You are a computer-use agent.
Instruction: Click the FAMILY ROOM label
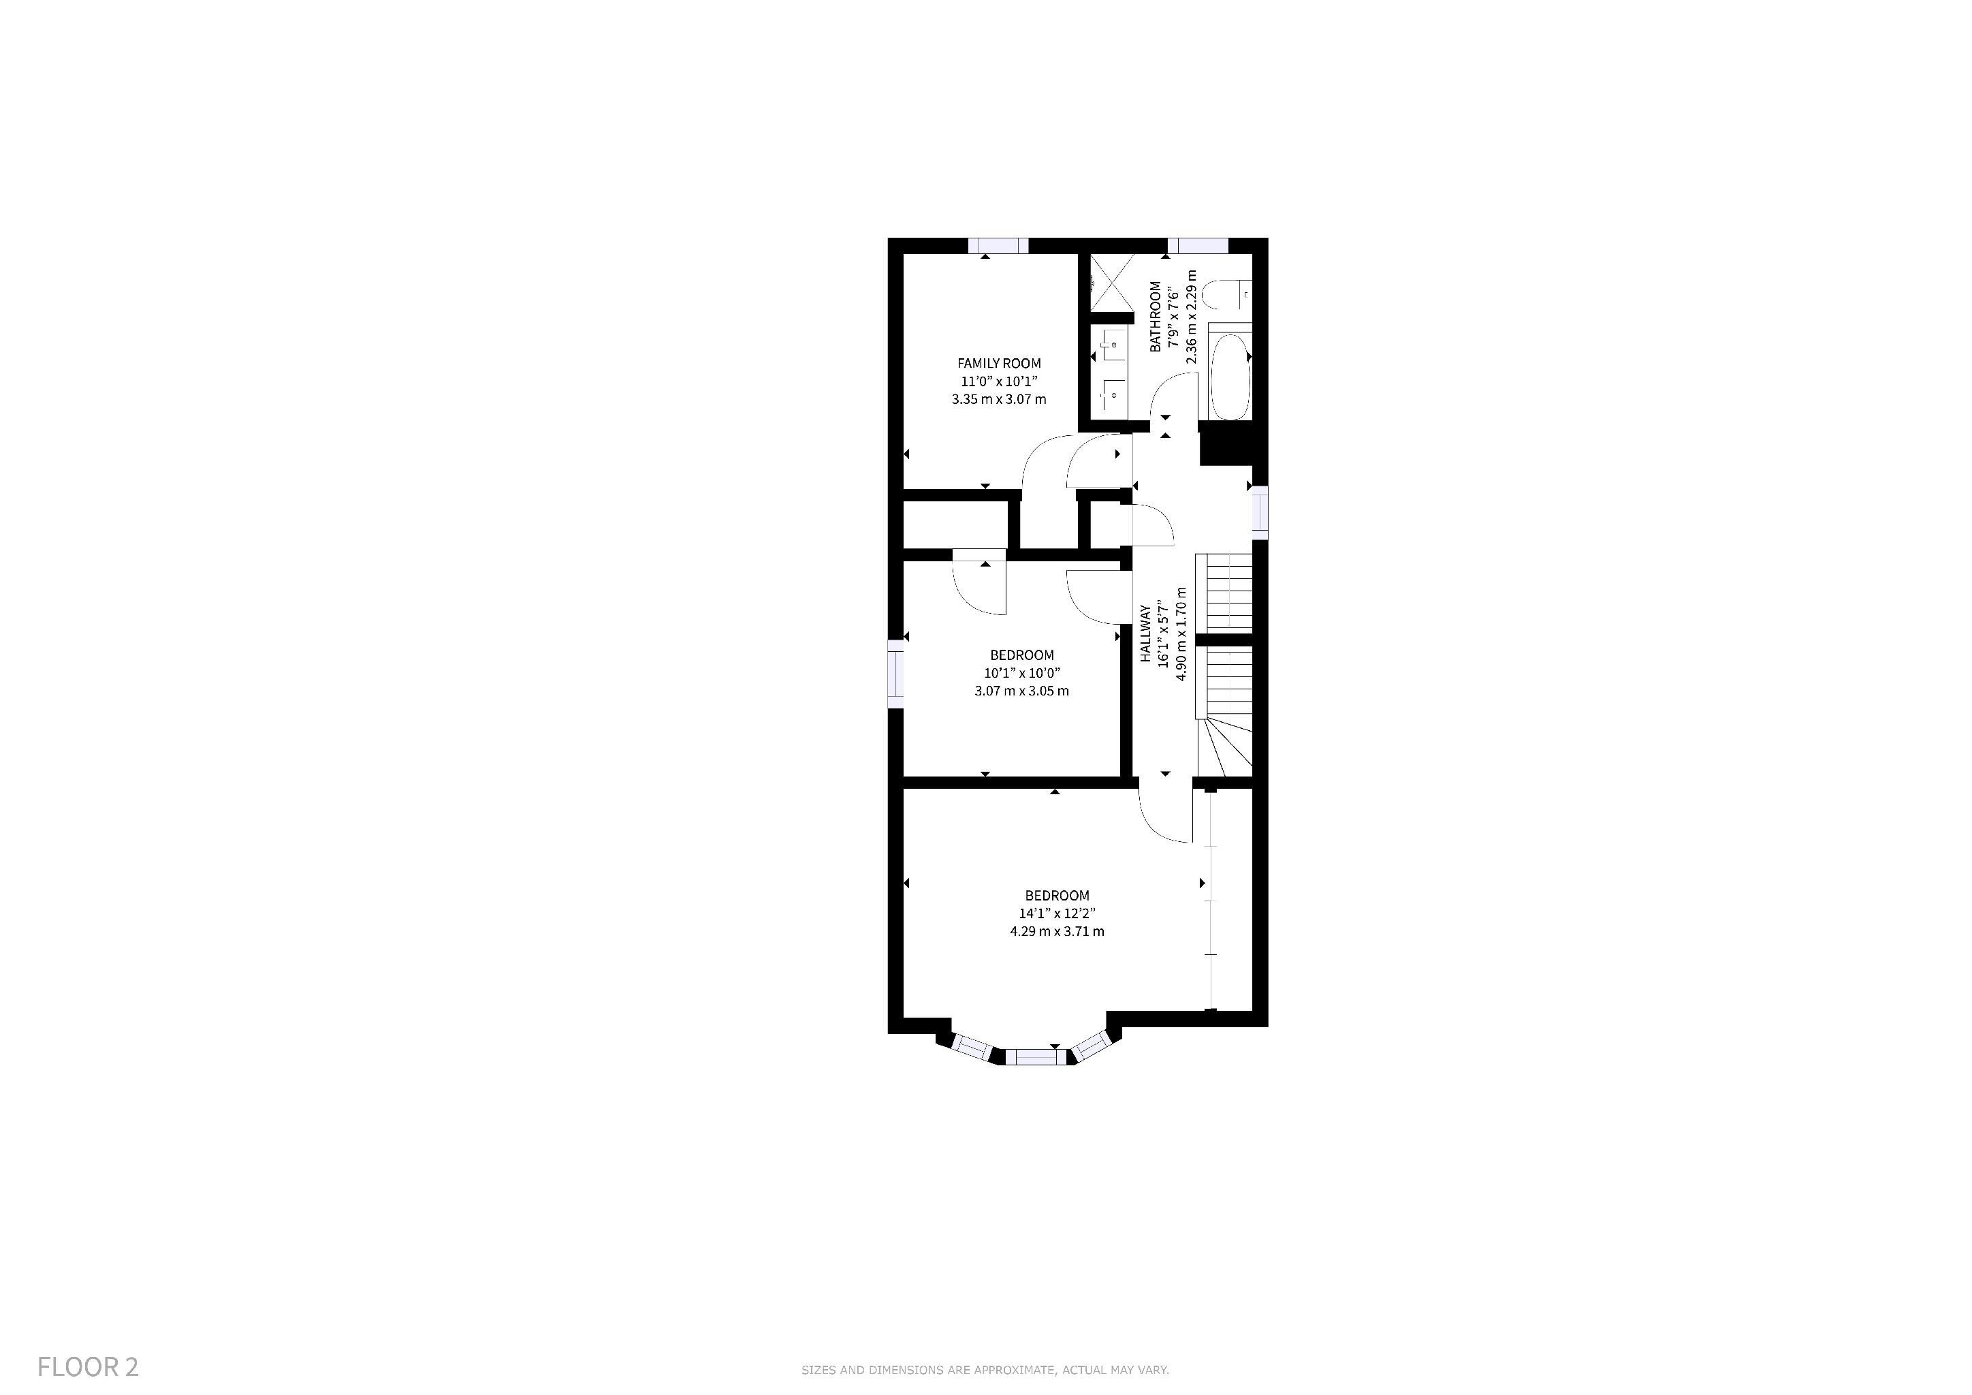coord(999,363)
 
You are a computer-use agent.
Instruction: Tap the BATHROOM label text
coord(1155,316)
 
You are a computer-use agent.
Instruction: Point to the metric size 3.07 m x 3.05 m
coord(1021,691)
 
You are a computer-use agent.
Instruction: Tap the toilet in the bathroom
coord(1226,296)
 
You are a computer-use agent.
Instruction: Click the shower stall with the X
coord(1112,283)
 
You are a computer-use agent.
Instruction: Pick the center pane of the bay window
coord(1038,1056)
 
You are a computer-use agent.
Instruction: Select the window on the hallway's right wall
coord(1260,513)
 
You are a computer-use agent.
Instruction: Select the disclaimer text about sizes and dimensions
coord(985,1370)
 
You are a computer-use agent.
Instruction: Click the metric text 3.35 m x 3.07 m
coord(999,399)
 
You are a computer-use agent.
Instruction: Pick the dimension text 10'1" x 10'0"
coord(1022,672)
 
